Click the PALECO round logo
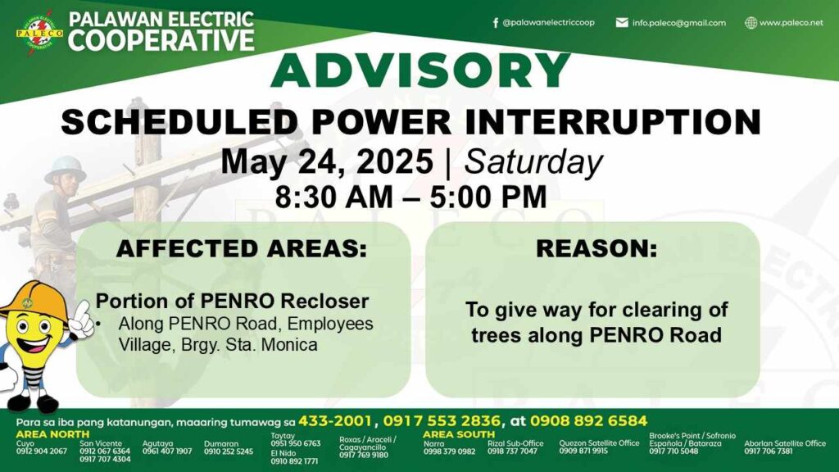click(x=39, y=32)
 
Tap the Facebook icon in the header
click(x=496, y=22)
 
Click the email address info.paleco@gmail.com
click(x=678, y=23)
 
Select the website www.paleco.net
click(x=791, y=23)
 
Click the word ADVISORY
click(x=420, y=70)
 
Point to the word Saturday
click(x=533, y=162)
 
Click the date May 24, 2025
click(x=327, y=161)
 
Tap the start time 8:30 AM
click(x=334, y=197)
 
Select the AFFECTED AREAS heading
click(x=242, y=249)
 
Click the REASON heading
click(x=596, y=249)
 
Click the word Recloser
click(x=324, y=302)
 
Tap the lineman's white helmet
click(x=66, y=169)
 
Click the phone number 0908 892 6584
click(x=588, y=421)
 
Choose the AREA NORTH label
click(x=52, y=434)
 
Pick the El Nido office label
click(x=283, y=453)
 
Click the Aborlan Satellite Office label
click(x=785, y=443)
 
